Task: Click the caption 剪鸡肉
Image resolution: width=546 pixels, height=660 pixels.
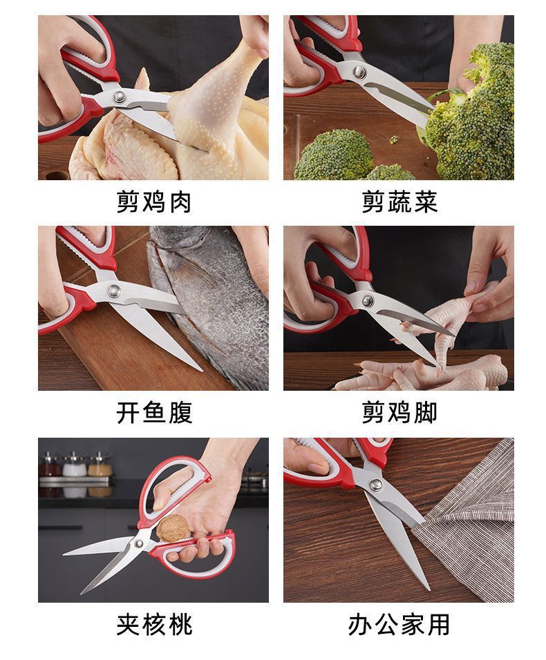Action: [x=153, y=202]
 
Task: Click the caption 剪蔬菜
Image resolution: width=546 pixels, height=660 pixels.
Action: [x=399, y=202]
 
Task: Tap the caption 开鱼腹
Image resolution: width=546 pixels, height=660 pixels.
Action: [x=153, y=413]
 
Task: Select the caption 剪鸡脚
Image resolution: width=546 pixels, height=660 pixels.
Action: [x=399, y=413]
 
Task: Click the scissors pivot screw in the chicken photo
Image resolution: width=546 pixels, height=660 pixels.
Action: [x=120, y=97]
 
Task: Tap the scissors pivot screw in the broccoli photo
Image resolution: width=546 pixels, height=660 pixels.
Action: [x=359, y=71]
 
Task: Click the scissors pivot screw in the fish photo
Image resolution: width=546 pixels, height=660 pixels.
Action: [x=114, y=290]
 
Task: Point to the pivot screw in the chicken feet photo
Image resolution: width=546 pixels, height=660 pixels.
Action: [x=368, y=300]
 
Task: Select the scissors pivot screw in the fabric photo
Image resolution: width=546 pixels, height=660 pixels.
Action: [x=375, y=485]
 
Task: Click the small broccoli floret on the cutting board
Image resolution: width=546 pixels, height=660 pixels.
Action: [x=333, y=155]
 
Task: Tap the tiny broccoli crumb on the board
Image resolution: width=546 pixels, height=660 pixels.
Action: [x=395, y=139]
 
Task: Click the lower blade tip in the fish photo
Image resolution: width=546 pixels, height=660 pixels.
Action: [x=200, y=369]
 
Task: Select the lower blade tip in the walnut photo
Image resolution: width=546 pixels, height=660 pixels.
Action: [x=82, y=593]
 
